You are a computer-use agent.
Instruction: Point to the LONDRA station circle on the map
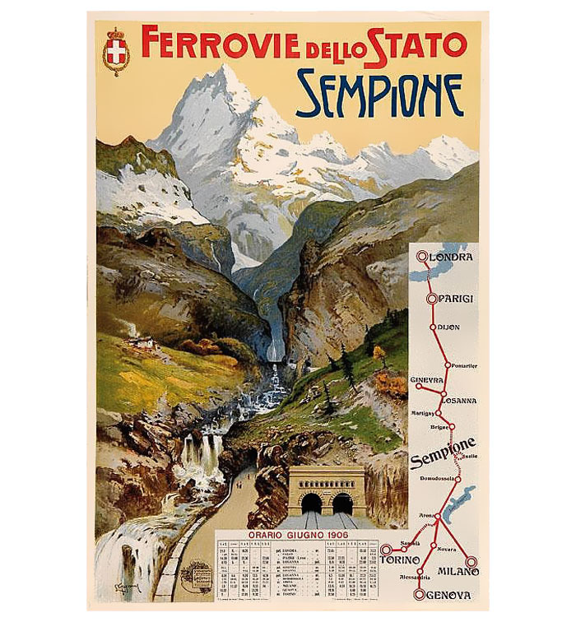(422, 256)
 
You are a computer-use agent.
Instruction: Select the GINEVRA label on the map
(426, 379)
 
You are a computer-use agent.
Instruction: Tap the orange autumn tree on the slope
(379, 356)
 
